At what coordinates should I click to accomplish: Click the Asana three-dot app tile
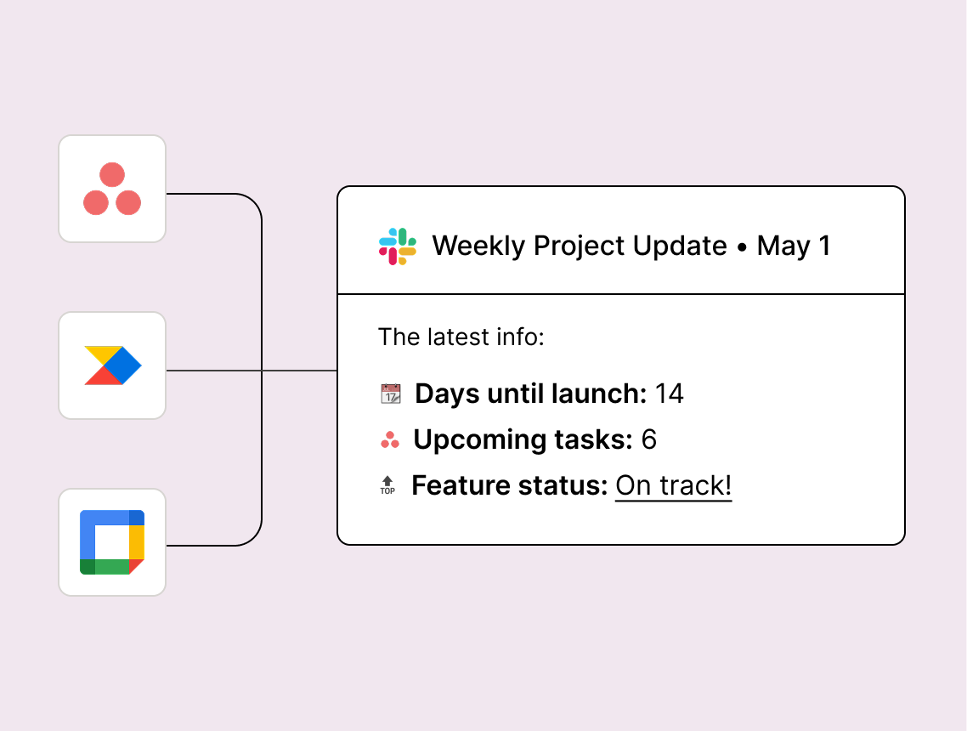pyautogui.click(x=112, y=189)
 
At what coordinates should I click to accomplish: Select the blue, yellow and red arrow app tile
pyautogui.click(x=112, y=365)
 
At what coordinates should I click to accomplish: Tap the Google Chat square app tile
pyautogui.click(x=112, y=542)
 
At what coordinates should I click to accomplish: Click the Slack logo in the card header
pyautogui.click(x=397, y=246)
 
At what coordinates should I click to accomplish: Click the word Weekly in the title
pyautogui.click(x=478, y=246)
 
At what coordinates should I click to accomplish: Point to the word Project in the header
pyautogui.click(x=579, y=246)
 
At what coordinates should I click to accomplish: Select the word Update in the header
pyautogui.click(x=680, y=246)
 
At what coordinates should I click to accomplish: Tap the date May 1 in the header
pyautogui.click(x=794, y=246)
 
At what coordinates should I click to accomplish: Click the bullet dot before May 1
pyautogui.click(x=742, y=247)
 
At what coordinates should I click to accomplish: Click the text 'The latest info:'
pyautogui.click(x=461, y=337)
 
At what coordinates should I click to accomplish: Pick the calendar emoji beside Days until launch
pyautogui.click(x=390, y=394)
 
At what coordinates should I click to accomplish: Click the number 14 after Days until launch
pyautogui.click(x=669, y=394)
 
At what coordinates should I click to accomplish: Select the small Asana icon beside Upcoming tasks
pyautogui.click(x=390, y=439)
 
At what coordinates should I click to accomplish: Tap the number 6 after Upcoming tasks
pyautogui.click(x=649, y=439)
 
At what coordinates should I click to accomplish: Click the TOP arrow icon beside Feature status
pyautogui.click(x=387, y=485)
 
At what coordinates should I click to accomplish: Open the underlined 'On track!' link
pyautogui.click(x=674, y=486)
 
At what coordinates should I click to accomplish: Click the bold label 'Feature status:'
pyautogui.click(x=510, y=485)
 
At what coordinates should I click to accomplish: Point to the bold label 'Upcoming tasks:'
pyautogui.click(x=523, y=440)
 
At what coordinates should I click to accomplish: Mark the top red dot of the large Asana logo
pyautogui.click(x=112, y=174)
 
